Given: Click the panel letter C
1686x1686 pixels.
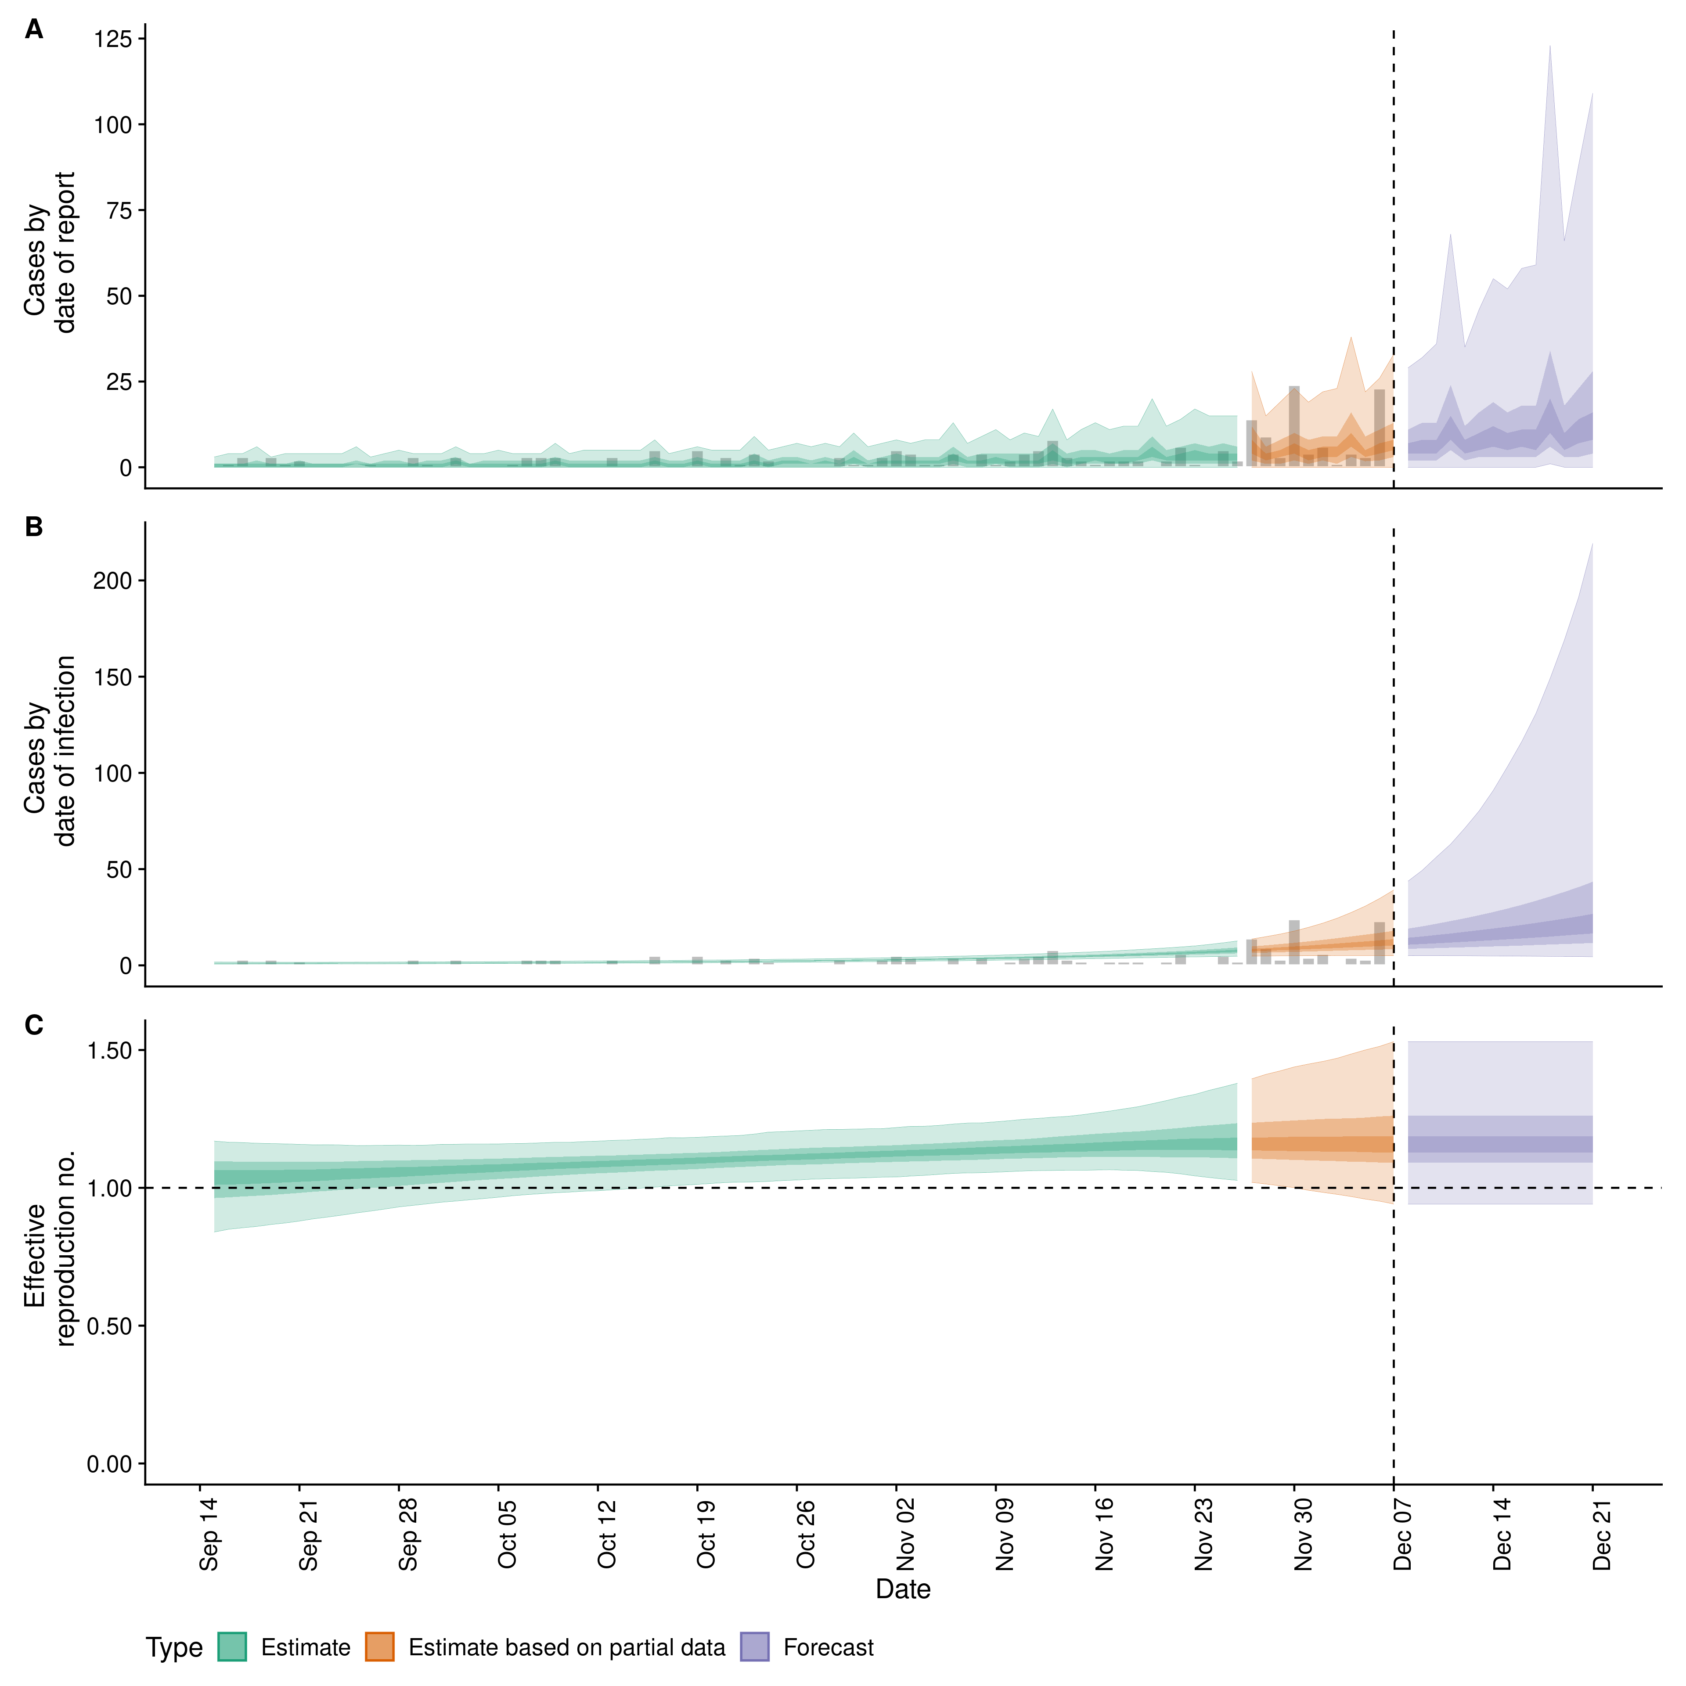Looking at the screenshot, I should click(x=34, y=1025).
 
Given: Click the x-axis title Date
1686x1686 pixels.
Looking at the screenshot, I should click(x=903, y=1589).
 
